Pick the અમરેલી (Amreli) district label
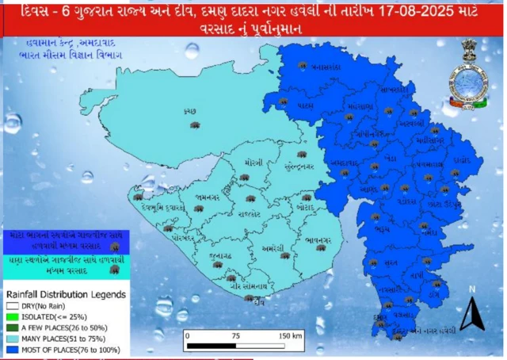pos(273,247)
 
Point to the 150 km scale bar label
pos(290,335)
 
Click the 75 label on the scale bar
pos(235,335)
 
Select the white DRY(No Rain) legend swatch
pos(12,304)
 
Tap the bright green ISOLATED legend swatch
pos(12,314)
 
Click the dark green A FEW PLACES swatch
pos(12,324)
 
